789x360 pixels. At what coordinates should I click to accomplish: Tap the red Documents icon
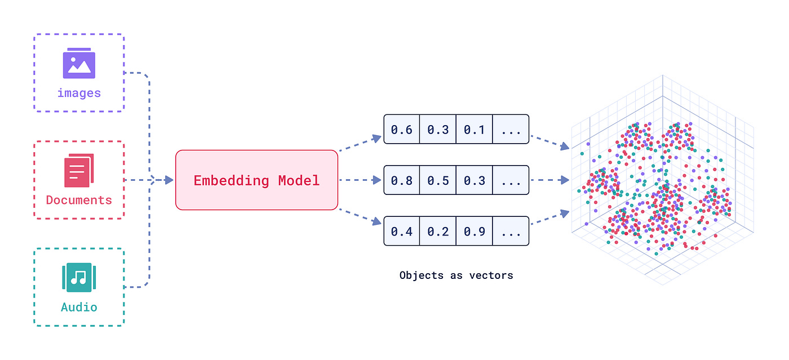79,171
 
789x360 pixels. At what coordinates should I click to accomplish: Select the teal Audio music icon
79,277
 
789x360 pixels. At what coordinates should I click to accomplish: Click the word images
79,93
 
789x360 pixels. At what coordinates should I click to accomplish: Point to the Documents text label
79,200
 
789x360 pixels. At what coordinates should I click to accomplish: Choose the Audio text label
79,307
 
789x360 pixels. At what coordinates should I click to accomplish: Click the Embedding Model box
256,180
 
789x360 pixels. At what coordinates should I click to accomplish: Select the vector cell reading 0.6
402,130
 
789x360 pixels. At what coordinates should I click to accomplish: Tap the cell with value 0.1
475,130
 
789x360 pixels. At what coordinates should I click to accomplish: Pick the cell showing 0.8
402,180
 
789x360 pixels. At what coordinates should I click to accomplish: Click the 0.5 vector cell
438,180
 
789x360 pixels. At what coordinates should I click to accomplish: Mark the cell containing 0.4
402,231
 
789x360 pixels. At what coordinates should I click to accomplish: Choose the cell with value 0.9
475,231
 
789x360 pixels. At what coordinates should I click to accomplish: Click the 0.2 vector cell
438,231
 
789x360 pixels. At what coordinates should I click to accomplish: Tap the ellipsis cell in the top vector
511,130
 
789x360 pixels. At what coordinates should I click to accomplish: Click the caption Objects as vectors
456,275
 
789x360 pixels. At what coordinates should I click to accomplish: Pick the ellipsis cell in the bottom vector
511,231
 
